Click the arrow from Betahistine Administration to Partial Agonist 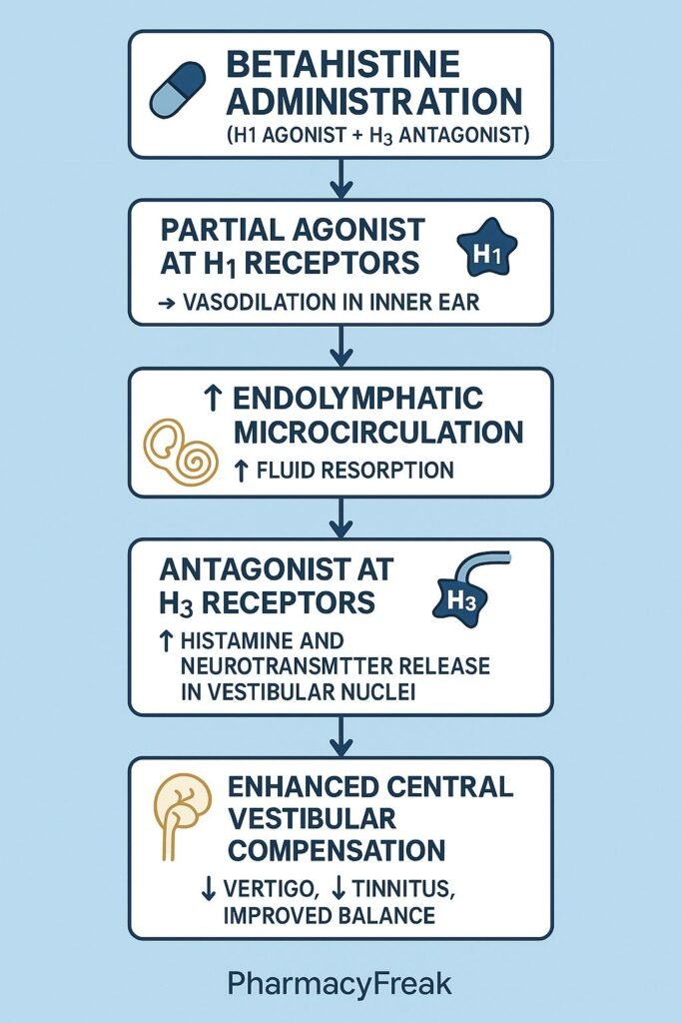tap(341, 179)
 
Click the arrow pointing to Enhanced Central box tap(341, 736)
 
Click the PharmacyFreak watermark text tap(341, 984)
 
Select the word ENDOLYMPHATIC tap(356, 398)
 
